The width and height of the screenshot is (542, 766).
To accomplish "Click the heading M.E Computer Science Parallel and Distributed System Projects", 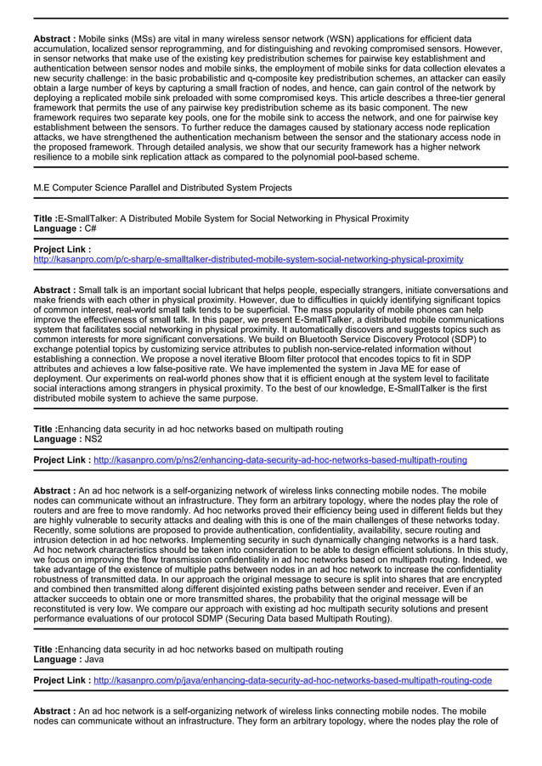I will (x=162, y=188).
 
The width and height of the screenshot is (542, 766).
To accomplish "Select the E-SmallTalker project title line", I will (x=221, y=218).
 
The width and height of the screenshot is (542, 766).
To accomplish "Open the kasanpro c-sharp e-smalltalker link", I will (x=248, y=259).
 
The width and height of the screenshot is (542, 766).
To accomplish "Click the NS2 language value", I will (x=93, y=440).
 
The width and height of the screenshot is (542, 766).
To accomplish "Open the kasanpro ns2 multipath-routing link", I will (x=279, y=460).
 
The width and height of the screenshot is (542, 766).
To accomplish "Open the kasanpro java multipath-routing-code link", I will (x=292, y=680).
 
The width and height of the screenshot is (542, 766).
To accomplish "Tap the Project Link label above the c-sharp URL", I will (x=61, y=249).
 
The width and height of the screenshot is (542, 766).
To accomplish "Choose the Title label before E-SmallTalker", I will (x=45, y=218).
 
